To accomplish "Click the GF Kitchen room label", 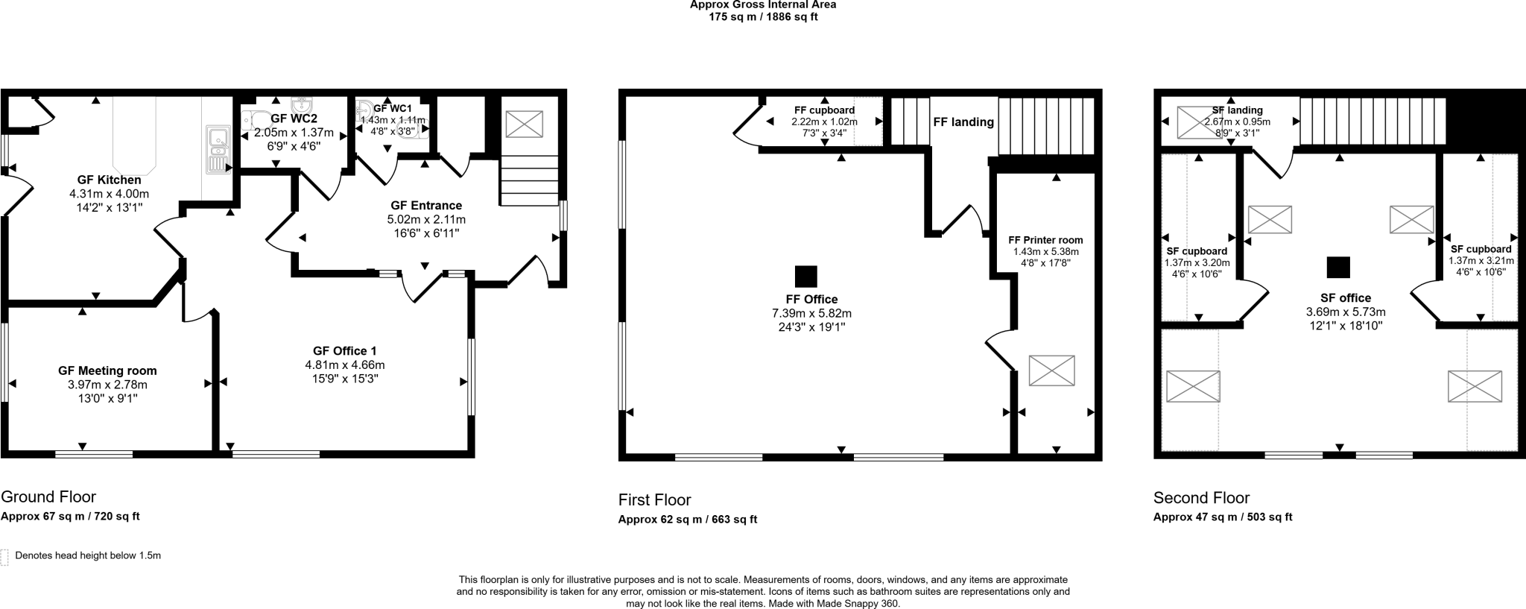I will click(x=109, y=180).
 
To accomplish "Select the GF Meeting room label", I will click(x=107, y=370).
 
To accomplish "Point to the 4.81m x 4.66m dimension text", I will click(x=344, y=365).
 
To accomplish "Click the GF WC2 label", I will click(x=294, y=119).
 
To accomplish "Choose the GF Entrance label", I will click(x=426, y=205).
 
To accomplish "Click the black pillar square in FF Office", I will click(x=805, y=277).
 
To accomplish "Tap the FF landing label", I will click(x=963, y=122).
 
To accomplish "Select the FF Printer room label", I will click(x=1045, y=240).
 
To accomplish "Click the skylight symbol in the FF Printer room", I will click(x=1051, y=370).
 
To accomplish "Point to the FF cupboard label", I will click(x=824, y=110).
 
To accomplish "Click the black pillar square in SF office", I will click(x=1338, y=267).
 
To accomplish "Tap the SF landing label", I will click(x=1237, y=110).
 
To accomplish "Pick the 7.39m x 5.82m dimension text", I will click(x=811, y=313).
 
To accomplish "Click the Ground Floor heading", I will click(x=48, y=496).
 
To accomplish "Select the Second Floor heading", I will click(x=1201, y=497).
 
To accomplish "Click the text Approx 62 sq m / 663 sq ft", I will click(x=687, y=520).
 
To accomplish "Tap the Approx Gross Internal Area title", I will click(x=762, y=4).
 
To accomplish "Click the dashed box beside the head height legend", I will click(x=4, y=557).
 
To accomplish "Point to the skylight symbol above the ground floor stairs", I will click(x=524, y=123).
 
